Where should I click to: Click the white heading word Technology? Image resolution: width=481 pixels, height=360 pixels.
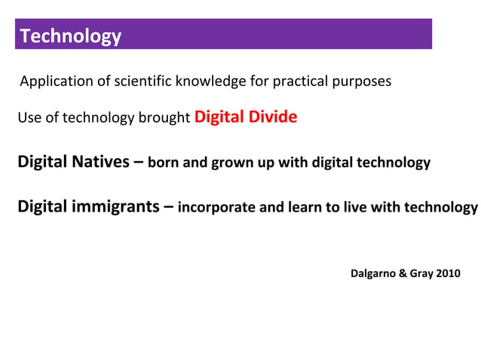(x=70, y=35)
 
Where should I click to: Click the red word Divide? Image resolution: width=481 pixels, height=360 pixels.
(x=271, y=117)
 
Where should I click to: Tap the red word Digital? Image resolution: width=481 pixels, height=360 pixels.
(x=218, y=117)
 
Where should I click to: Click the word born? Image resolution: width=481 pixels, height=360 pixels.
(x=164, y=163)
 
